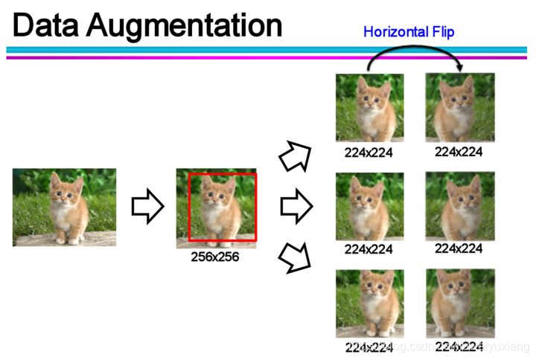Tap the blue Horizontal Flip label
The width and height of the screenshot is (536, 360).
pos(409,32)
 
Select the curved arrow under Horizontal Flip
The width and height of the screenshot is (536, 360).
pos(413,51)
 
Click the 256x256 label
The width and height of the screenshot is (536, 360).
pos(216,257)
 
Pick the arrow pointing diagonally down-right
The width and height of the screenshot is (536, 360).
pos(296,257)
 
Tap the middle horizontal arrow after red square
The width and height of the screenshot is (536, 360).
pos(296,207)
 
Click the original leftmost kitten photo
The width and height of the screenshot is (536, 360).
pos(64,208)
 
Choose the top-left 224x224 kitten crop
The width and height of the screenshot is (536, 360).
pos(369,108)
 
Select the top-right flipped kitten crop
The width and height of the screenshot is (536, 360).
pos(459,107)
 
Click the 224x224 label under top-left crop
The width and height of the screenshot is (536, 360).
pos(368,153)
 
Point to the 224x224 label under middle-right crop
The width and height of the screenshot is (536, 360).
pos(459,248)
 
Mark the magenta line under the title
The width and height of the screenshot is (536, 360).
pos(268,57)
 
